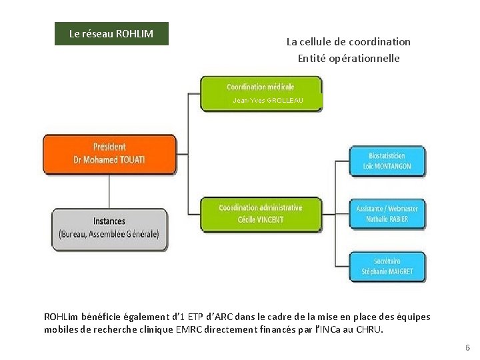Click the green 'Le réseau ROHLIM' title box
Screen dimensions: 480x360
[x=111, y=34]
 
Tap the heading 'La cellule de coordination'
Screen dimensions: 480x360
[x=348, y=41]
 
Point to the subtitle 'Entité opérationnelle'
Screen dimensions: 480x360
[x=348, y=58]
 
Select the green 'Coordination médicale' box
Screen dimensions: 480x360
[x=261, y=87]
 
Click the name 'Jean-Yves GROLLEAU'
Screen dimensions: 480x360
[x=268, y=101]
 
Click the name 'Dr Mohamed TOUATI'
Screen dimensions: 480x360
[x=109, y=160]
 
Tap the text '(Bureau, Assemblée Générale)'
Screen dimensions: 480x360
[x=109, y=234]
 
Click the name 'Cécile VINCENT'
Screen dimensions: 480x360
[x=261, y=219]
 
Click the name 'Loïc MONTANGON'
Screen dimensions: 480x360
[x=387, y=166]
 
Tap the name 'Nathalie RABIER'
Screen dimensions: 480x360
[x=387, y=219]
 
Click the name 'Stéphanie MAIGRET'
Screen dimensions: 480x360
[x=387, y=272]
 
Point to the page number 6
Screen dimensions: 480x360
[x=467, y=348]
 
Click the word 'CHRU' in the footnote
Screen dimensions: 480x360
[x=369, y=329]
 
